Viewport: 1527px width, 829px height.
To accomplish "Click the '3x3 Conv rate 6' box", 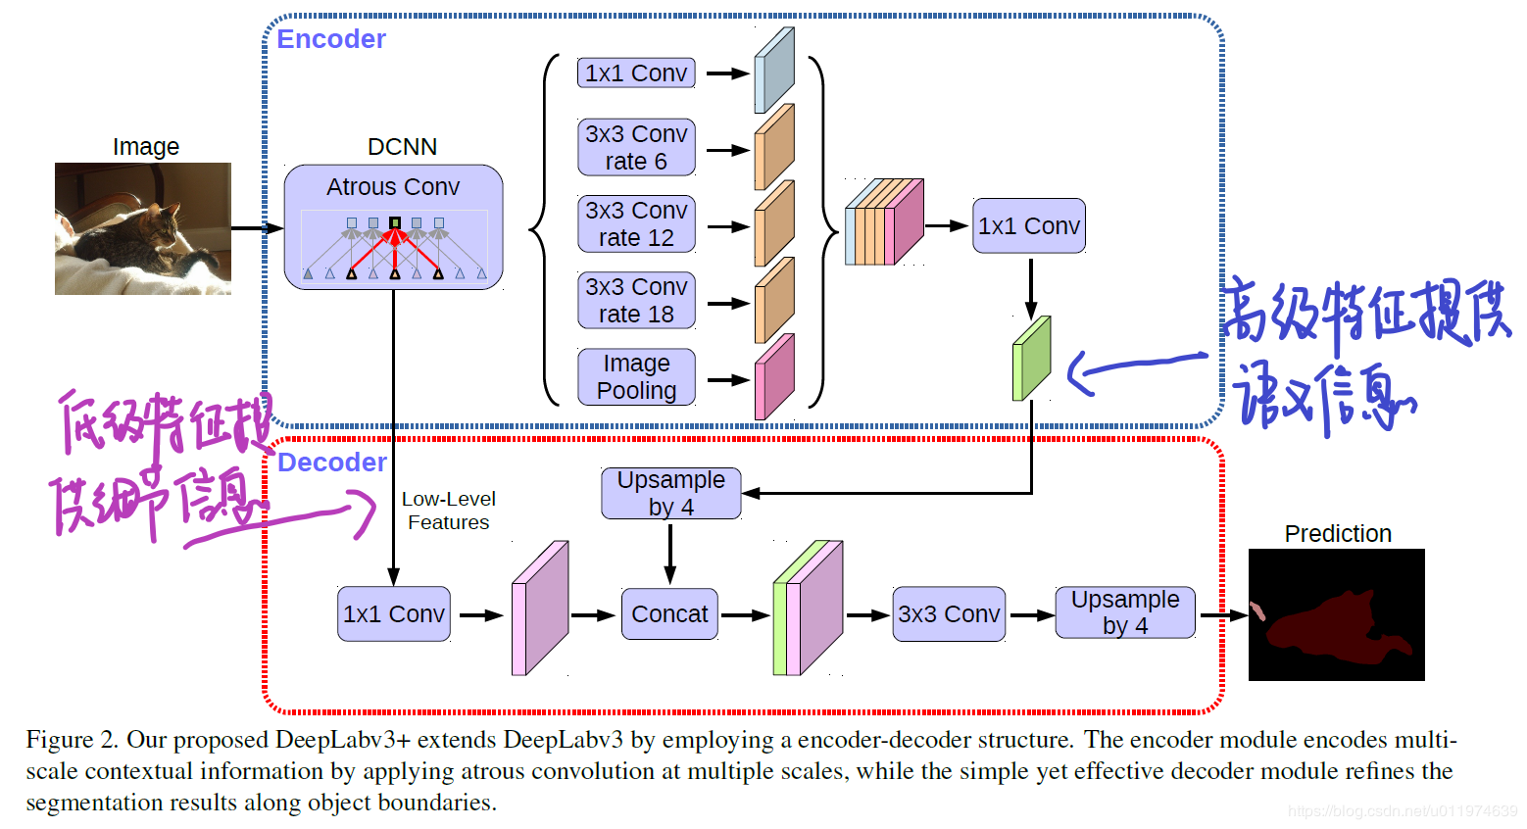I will [636, 147].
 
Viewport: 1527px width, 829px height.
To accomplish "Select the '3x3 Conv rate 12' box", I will [636, 223].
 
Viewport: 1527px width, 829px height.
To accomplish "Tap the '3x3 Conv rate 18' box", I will [636, 300].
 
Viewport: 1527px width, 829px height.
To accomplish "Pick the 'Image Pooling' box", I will [636, 376].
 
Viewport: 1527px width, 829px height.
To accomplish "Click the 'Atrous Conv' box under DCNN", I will [393, 227].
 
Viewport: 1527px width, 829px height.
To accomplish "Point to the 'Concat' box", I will [669, 614].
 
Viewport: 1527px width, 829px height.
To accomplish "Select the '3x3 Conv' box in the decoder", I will [949, 614].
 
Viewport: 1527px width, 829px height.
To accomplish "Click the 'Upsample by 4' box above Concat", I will [670, 493].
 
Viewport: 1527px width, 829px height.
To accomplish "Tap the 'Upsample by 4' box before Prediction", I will [1125, 612].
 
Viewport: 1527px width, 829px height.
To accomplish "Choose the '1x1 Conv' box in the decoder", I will [394, 614].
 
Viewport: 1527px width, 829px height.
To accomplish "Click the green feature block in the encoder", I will [1031, 359].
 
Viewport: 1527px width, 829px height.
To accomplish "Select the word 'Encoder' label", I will [331, 39].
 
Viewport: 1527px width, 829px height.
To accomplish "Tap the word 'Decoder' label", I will [332, 463].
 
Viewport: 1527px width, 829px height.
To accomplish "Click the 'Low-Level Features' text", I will [449, 511].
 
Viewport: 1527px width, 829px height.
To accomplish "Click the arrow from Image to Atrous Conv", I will [256, 228].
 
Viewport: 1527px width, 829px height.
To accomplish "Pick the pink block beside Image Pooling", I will [774, 378].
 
